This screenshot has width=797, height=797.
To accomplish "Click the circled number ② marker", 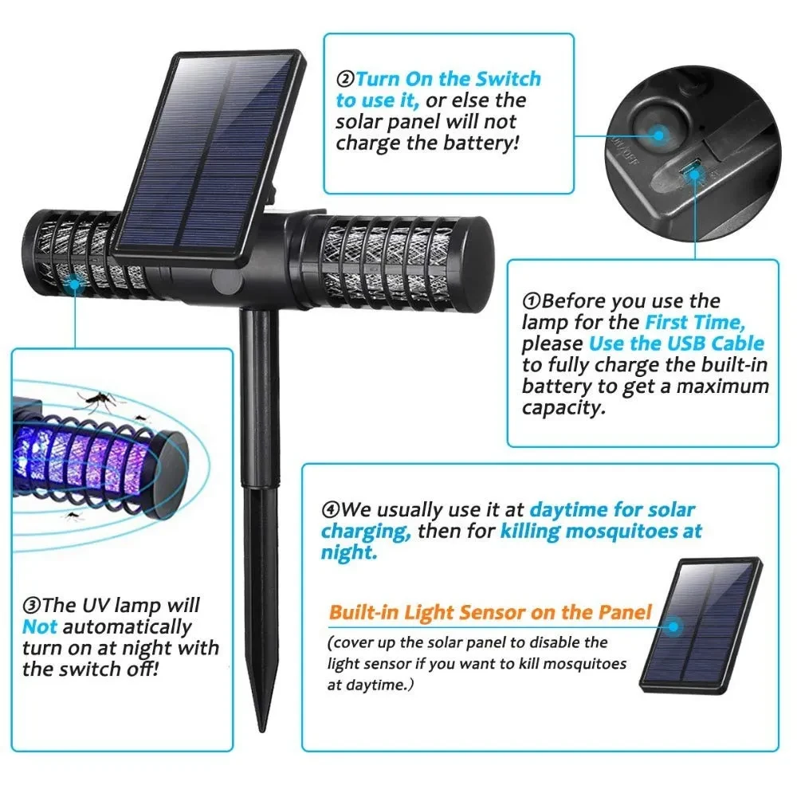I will pyautogui.click(x=345, y=80).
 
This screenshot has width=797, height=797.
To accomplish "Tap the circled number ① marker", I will pyautogui.click(x=532, y=301).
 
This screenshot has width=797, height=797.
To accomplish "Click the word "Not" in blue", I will pyautogui.click(x=40, y=627).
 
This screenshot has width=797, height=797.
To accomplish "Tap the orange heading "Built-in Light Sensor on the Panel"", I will pyautogui.click(x=490, y=613).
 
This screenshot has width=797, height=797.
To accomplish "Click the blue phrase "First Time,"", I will pyautogui.click(x=694, y=323).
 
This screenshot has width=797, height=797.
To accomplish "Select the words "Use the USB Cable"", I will pyautogui.click(x=677, y=344).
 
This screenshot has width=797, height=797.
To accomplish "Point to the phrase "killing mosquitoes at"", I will pyautogui.click(x=602, y=531).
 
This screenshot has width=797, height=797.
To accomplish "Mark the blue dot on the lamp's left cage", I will pyautogui.click(x=75, y=282).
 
